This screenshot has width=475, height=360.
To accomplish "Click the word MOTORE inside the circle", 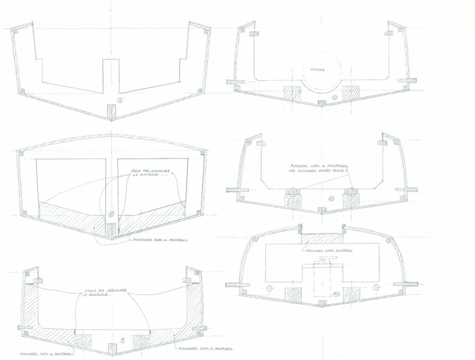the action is coord(317,70).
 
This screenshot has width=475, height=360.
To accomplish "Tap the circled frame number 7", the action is coord(120,100).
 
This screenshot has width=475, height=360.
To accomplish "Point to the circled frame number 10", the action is coord(334,97).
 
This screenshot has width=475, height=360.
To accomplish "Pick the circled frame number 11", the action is coord(331,198).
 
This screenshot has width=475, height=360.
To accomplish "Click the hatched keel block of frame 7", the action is coord(112,112).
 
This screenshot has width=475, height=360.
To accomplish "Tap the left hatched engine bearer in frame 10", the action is coord(292,93).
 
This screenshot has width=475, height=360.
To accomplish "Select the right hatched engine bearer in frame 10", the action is coord(351,93).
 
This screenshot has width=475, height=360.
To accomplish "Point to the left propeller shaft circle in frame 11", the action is coord(292,191).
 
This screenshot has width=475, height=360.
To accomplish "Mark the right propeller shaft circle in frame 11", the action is coord(351,191).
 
